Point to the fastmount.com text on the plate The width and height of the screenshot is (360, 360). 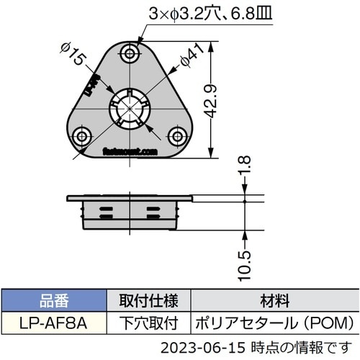tap(130, 152)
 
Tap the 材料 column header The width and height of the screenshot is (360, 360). tap(273, 299)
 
